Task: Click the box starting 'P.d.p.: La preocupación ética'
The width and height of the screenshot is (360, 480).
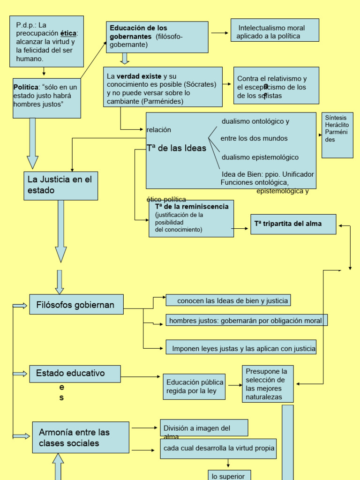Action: point(46,41)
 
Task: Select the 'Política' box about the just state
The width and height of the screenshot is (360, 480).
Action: point(47,98)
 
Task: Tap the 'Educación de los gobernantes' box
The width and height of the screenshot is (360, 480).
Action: point(157,37)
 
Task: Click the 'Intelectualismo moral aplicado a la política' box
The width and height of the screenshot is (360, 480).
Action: point(275,30)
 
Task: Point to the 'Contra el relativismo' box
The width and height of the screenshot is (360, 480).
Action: point(276,85)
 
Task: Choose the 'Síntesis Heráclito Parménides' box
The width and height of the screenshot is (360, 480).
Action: point(337,135)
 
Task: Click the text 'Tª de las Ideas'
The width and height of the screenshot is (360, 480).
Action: point(176,148)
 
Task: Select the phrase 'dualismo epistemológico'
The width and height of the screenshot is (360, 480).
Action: point(260,157)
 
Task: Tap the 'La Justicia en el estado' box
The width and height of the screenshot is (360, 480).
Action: point(61,186)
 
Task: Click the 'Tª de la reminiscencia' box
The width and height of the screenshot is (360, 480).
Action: point(191,218)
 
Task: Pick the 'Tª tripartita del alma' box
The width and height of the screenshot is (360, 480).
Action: point(293,224)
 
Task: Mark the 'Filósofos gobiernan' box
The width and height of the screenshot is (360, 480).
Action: point(76,304)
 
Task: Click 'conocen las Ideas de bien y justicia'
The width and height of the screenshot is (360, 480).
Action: point(228,300)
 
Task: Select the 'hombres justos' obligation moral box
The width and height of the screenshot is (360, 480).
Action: point(246,320)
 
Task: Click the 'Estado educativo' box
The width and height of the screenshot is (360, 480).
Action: point(75,374)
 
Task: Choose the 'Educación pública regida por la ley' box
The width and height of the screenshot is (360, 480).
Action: point(194,387)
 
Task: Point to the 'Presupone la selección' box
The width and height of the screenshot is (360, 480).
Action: point(268,384)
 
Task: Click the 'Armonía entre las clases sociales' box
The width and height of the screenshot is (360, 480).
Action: point(81,437)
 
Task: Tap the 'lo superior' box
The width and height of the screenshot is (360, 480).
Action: point(229,475)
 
